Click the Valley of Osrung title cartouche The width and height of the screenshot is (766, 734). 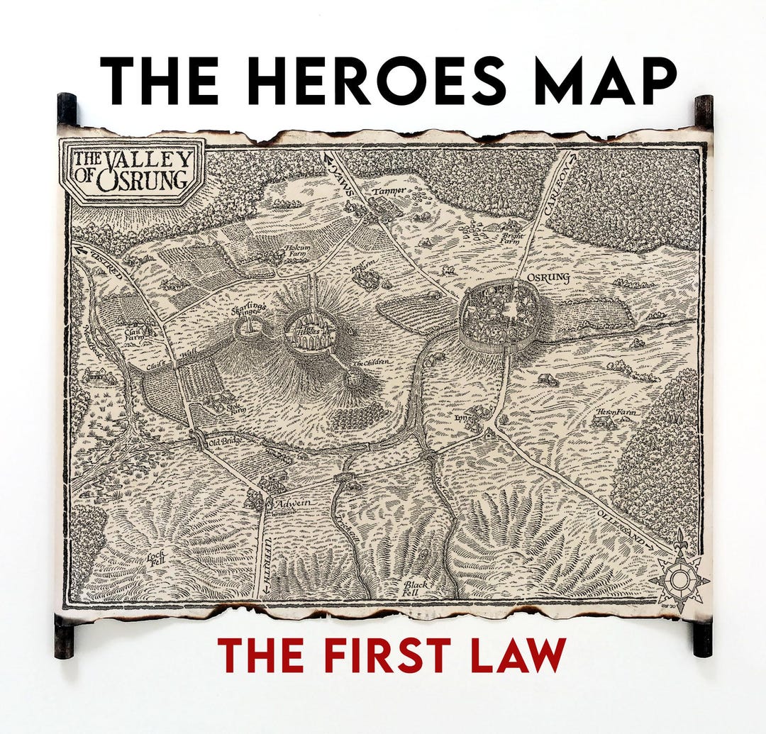pyautogui.click(x=133, y=171)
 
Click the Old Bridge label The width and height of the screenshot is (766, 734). pyautogui.click(x=226, y=443)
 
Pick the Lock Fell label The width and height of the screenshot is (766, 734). pyautogui.click(x=156, y=560)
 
